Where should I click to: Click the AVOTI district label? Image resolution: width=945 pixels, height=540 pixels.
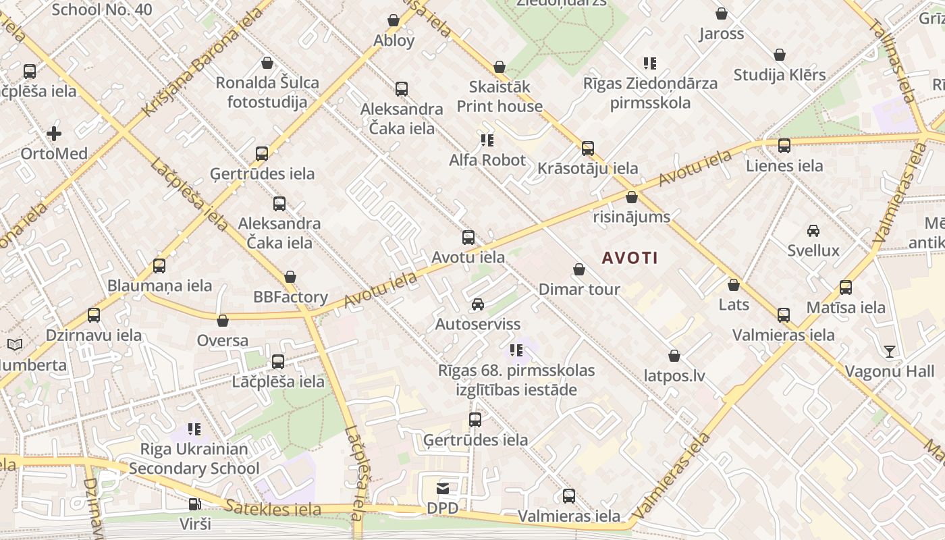click(629, 258)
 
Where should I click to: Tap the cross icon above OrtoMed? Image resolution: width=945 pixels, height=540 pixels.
click(54, 134)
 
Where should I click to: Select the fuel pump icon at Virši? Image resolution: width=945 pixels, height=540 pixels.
click(194, 504)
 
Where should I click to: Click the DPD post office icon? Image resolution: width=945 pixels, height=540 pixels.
click(442, 488)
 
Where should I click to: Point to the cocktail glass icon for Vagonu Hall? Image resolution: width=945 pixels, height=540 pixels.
click(890, 351)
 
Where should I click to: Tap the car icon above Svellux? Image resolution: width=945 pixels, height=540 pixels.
click(813, 231)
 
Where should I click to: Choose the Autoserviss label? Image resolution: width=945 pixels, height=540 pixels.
click(477, 324)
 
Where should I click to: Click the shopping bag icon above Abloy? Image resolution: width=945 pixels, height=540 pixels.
click(394, 21)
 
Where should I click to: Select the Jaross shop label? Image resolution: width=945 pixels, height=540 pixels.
click(721, 34)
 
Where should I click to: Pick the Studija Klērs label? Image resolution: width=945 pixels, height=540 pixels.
click(779, 75)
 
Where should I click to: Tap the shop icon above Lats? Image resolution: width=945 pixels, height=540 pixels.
click(734, 285)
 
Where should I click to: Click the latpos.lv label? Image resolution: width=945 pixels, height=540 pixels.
click(674, 375)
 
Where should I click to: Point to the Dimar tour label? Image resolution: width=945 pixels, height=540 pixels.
click(578, 290)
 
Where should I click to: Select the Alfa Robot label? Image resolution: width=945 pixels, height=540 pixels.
click(487, 160)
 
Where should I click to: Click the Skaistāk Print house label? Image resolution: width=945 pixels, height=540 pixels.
click(500, 97)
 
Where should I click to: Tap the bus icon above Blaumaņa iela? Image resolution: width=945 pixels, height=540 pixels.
click(159, 266)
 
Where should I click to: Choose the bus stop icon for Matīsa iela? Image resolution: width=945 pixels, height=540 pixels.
click(846, 288)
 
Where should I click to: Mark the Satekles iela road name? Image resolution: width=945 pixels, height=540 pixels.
click(273, 508)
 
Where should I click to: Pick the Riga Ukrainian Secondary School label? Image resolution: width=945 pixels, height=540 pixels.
click(194, 458)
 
